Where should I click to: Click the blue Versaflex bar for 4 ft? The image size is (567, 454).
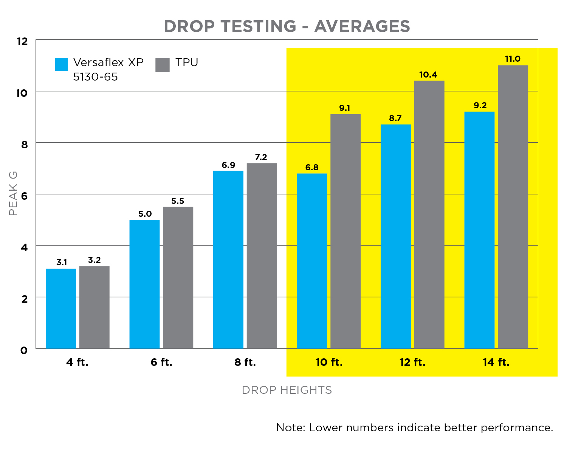tap(61, 308)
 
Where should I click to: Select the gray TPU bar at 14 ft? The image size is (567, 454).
tap(513, 207)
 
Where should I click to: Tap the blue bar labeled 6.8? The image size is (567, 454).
tap(312, 261)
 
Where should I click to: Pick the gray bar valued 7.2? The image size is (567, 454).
tap(262, 255)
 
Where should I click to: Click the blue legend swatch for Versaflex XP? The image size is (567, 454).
tap(62, 64)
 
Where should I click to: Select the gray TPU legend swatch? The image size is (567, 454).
tap(163, 65)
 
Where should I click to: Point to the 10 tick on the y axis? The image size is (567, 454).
tap(22, 93)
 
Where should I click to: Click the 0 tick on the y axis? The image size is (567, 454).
tap(24, 350)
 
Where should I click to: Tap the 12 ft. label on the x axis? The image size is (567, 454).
tap(412, 362)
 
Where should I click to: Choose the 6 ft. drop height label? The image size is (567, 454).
tap(161, 362)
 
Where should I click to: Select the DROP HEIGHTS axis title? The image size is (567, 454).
tap(287, 390)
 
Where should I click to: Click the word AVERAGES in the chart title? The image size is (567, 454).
tap(362, 26)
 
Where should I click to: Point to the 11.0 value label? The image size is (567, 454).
tap(513, 59)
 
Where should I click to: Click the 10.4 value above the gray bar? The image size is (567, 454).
tap(428, 75)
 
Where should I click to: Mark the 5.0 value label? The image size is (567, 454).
tap(145, 214)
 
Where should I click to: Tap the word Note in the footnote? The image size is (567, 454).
tap(290, 428)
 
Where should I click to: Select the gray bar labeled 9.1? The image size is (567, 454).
tap(345, 231)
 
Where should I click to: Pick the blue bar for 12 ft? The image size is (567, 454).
tap(395, 236)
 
